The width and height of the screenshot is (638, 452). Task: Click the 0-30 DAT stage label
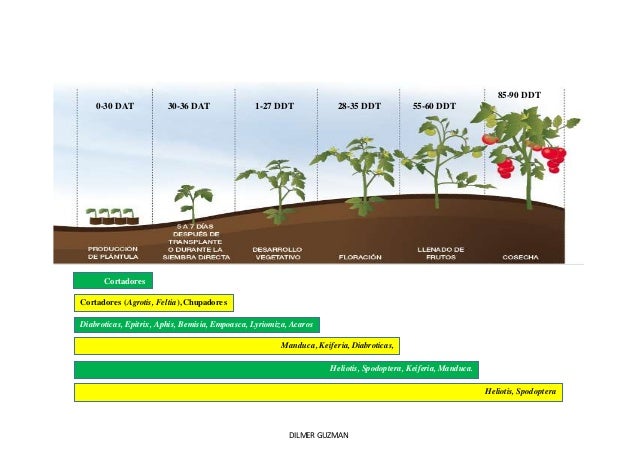click(115, 105)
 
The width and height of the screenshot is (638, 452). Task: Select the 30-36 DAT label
click(189, 105)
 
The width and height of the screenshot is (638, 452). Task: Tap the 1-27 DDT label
click(274, 105)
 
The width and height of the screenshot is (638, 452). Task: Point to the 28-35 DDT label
click(359, 105)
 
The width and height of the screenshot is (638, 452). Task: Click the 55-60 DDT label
click(434, 105)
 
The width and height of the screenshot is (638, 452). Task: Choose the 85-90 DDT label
click(519, 95)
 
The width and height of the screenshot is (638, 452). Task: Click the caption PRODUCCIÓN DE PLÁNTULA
click(112, 253)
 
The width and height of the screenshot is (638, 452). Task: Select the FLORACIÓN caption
click(360, 257)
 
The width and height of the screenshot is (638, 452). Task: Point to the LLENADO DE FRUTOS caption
click(440, 253)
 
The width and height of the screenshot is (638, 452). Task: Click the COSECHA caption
click(520, 257)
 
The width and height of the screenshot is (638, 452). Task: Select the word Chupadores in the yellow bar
click(207, 302)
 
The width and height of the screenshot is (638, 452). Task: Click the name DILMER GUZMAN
click(318, 437)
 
